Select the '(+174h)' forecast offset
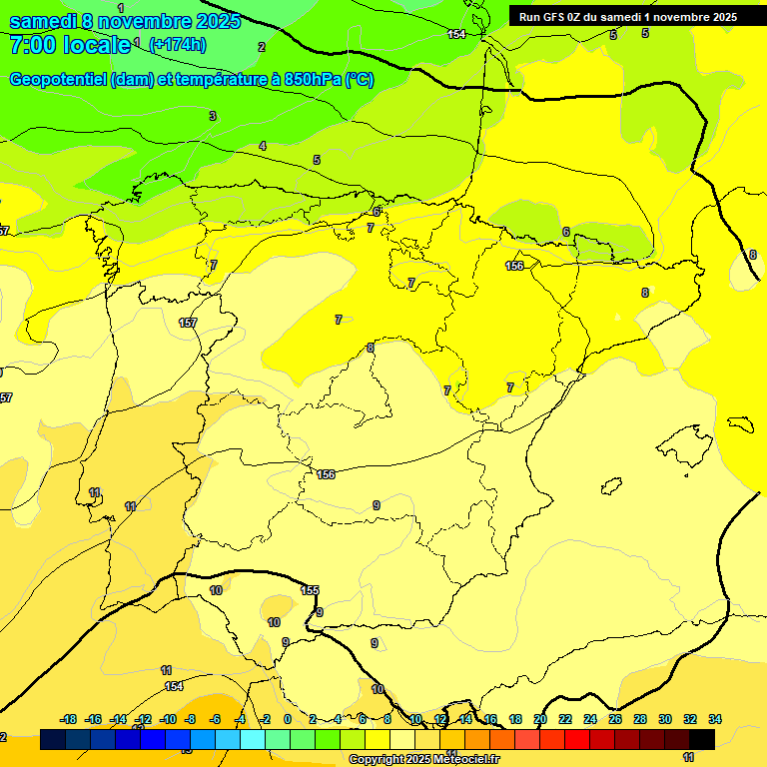pos(177,44)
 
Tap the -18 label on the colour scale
pos(69,719)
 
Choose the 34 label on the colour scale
pos(715,719)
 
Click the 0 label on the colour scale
pos(288,719)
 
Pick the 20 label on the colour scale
pos(540,719)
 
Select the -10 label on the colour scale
pos(167,719)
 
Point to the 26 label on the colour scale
pos(615,719)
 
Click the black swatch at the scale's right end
pos(702,739)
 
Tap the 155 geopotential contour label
pos(310,590)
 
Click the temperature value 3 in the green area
pos(212,117)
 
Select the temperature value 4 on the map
pos(263,146)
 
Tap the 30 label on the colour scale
pos(665,719)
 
